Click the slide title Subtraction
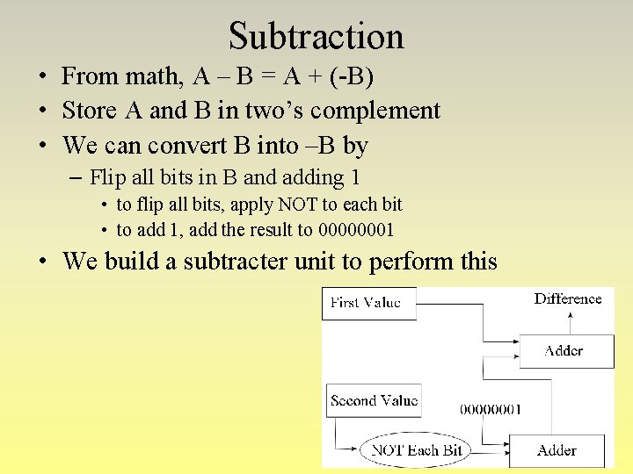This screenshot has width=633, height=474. [316, 36]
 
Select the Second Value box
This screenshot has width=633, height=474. [374, 400]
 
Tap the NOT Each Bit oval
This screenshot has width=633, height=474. [417, 450]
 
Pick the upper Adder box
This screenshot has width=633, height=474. [563, 351]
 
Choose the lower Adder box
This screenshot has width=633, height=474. [557, 450]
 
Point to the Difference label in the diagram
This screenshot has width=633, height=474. [568, 298]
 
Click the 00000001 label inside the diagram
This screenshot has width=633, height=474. [491, 409]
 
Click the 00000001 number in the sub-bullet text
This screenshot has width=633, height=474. [356, 230]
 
